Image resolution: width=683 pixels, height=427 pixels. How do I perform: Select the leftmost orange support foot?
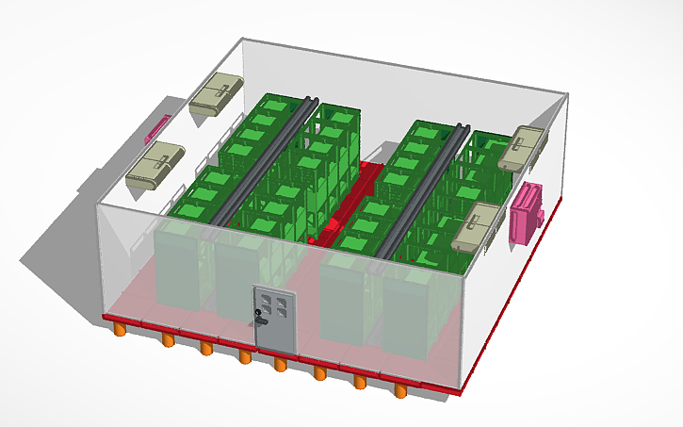point(121,329)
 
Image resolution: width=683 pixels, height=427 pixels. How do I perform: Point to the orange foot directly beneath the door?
point(280,363)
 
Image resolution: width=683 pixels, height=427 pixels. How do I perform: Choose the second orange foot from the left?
point(166,337)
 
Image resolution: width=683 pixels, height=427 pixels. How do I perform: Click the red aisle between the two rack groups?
point(344,212)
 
